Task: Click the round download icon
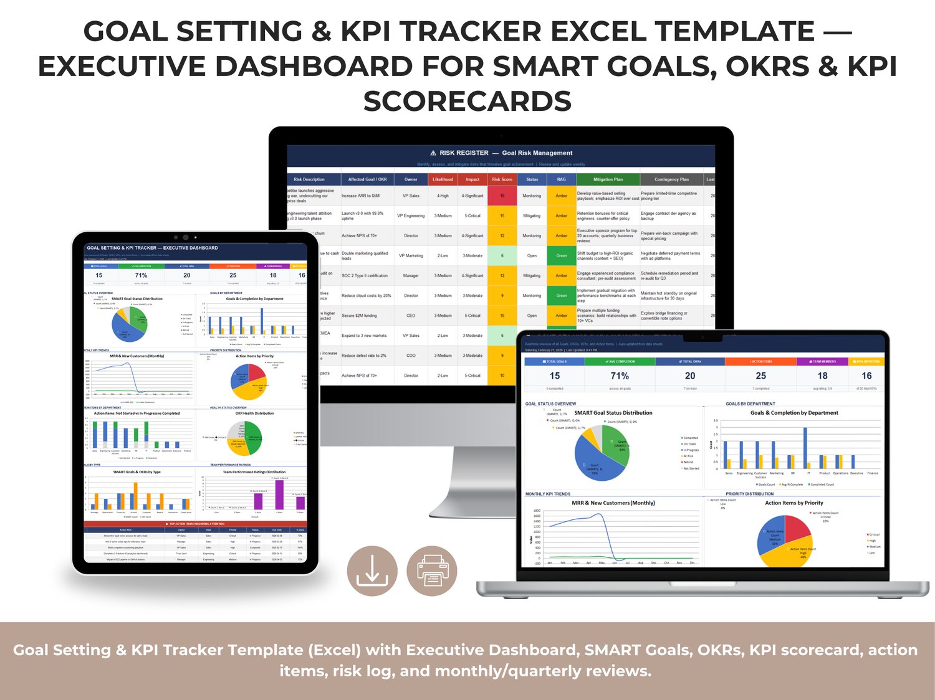pyautogui.click(x=372, y=570)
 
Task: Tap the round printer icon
pyautogui.click(x=432, y=570)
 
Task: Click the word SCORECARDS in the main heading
pyautogui.click(x=467, y=102)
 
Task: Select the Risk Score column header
pyautogui.click(x=502, y=179)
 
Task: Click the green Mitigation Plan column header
pyautogui.click(x=608, y=179)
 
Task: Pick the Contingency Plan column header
pyautogui.click(x=671, y=179)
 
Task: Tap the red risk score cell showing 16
pyautogui.click(x=502, y=196)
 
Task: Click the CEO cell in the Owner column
pyautogui.click(x=411, y=316)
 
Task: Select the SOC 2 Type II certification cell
pyautogui.click(x=365, y=276)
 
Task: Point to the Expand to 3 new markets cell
pyautogui.click(x=364, y=336)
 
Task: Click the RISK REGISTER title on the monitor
pyautogui.click(x=464, y=153)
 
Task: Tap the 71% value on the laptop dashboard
pyautogui.click(x=620, y=376)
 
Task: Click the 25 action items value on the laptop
pyautogui.click(x=760, y=376)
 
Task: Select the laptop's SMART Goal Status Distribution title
pyautogui.click(x=613, y=413)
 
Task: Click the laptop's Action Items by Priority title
pyautogui.click(x=794, y=503)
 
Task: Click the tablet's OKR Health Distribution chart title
pyautogui.click(x=254, y=414)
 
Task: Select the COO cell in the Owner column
pyautogui.click(x=411, y=356)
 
